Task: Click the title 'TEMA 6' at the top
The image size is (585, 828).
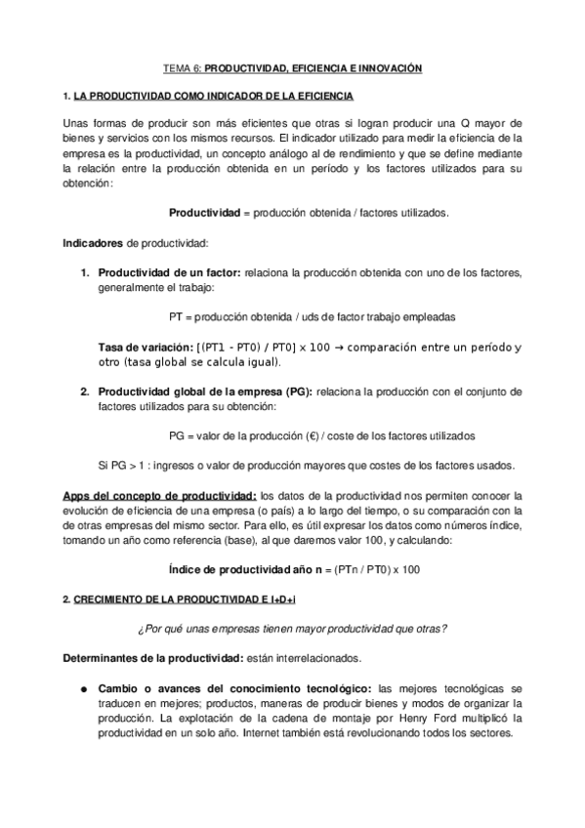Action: (180, 69)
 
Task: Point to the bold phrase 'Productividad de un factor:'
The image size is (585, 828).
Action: (170, 271)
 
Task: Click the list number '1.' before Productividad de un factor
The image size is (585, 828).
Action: (86, 271)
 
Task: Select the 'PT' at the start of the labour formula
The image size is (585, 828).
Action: (176, 316)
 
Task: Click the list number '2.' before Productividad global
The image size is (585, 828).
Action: (86, 392)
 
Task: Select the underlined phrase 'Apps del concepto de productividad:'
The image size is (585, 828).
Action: (161, 495)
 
